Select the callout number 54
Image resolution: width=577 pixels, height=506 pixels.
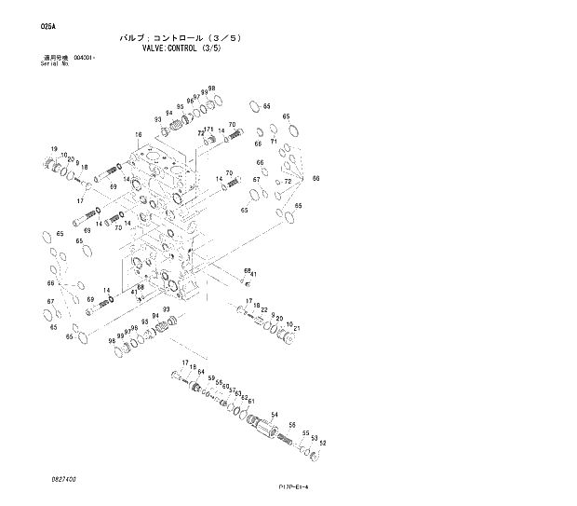(x=275, y=415)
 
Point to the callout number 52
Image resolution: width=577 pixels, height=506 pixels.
(x=323, y=443)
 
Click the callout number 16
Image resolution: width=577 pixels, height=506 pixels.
(x=138, y=135)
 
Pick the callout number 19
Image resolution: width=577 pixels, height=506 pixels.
(x=55, y=150)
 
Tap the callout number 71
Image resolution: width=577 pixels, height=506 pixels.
(x=274, y=143)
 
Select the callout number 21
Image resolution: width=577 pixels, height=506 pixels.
(x=295, y=329)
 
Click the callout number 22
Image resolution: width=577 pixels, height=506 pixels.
(x=264, y=310)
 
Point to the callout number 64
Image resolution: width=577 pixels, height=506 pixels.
(x=200, y=372)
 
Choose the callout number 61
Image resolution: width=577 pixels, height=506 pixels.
(x=251, y=401)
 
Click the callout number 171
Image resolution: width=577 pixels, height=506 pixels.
(x=209, y=130)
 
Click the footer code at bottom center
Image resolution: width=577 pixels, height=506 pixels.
(x=293, y=486)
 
